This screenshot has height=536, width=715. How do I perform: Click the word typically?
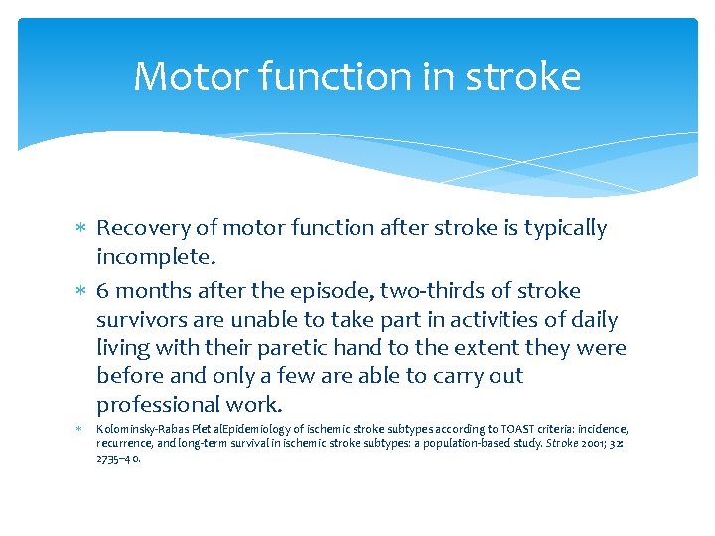point(560,228)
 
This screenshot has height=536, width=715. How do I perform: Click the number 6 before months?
point(102,291)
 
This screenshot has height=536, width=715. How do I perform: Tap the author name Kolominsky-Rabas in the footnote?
point(140,429)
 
